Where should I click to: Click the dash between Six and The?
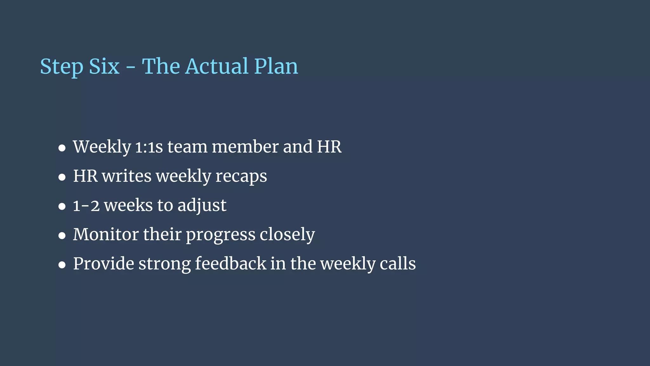pyautogui.click(x=130, y=68)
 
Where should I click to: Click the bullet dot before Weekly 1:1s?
pyautogui.click(x=62, y=148)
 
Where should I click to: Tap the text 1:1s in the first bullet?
pyautogui.click(x=149, y=147)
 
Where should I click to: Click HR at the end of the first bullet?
pyautogui.click(x=329, y=147)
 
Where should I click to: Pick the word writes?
pyautogui.click(x=127, y=176)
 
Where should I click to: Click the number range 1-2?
pyautogui.click(x=86, y=206)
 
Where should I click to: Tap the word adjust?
pyautogui.click(x=202, y=206)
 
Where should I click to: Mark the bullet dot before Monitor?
pyautogui.click(x=62, y=236)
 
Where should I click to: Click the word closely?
pyautogui.click(x=287, y=235)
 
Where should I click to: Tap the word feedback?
pyautogui.click(x=231, y=264)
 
